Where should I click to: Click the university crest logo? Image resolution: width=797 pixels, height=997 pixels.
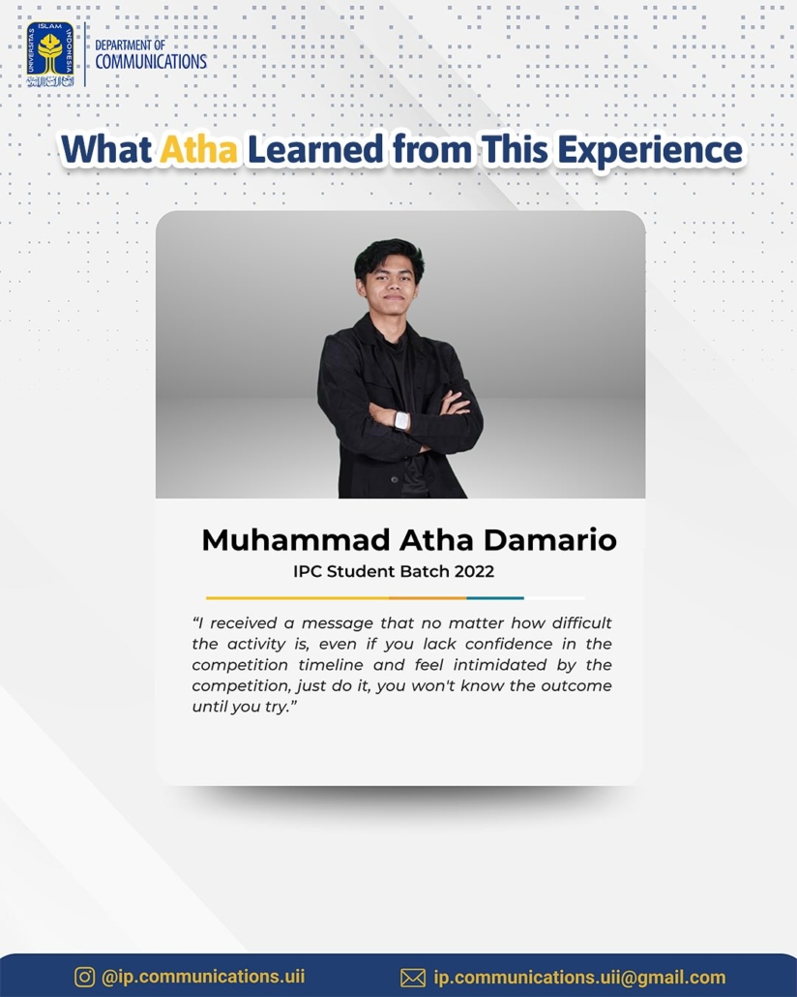tap(50, 54)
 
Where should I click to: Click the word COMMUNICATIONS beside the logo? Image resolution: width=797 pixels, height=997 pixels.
tap(151, 62)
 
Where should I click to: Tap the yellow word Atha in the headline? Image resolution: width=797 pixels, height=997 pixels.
tap(198, 149)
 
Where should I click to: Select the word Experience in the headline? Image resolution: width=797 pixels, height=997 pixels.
tap(650, 151)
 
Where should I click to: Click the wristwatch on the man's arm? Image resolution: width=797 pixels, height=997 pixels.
tap(401, 420)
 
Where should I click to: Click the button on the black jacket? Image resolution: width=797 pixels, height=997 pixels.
tap(394, 479)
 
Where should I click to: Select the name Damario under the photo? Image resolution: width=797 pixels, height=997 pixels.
tap(549, 540)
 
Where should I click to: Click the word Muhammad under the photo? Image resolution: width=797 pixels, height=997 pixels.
tap(296, 540)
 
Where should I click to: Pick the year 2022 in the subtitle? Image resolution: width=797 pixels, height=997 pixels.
tap(474, 572)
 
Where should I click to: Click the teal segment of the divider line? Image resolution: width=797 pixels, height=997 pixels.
tap(495, 598)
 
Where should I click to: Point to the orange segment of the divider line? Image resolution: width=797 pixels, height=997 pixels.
tap(428, 598)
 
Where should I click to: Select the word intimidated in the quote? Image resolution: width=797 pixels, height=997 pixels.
tap(499, 665)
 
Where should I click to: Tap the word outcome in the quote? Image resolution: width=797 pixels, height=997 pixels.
tap(576, 686)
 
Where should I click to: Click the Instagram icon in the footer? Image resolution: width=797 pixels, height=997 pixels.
tap(84, 977)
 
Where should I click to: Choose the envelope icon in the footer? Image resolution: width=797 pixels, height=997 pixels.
tap(413, 978)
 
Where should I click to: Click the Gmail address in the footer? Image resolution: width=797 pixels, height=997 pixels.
tap(579, 978)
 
